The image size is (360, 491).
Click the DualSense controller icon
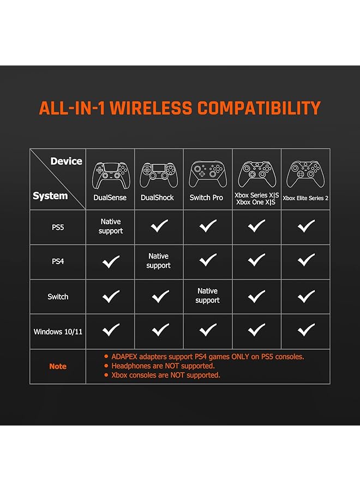tap(111, 175)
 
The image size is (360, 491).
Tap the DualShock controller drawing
tap(159, 175)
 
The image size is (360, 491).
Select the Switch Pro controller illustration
tap(208, 174)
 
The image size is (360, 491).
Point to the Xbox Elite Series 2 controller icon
tap(305, 174)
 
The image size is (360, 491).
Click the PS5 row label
tap(58, 227)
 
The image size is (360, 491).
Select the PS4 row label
tap(58, 261)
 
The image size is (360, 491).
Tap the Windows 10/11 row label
tap(58, 332)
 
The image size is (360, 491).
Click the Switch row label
tap(58, 297)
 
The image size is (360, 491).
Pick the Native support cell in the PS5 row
tap(111, 226)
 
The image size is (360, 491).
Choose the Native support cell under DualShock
tap(158, 261)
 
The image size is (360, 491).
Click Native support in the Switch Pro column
tap(207, 296)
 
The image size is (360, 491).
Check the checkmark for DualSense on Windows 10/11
tap(111, 330)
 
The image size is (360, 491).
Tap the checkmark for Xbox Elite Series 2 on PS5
tap(306, 226)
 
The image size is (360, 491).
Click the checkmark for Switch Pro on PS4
tap(208, 260)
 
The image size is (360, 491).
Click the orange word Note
tap(58, 367)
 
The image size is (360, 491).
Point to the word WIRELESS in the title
tap(151, 108)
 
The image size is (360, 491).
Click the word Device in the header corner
tap(67, 161)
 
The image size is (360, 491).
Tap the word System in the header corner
tap(50, 196)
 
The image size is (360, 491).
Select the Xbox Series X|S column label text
tap(257, 195)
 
